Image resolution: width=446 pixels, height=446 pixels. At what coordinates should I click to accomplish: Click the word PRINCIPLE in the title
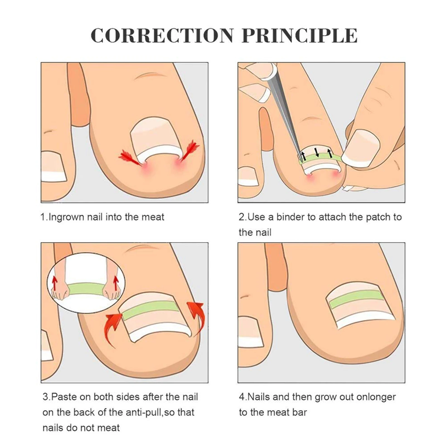pyautogui.click(x=299, y=36)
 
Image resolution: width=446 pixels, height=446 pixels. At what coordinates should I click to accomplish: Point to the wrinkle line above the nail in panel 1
pyautogui.click(x=148, y=75)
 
